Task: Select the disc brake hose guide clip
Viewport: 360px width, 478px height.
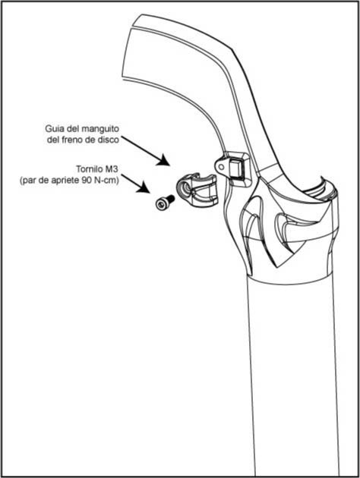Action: coord(197,190)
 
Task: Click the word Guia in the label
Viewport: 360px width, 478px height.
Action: coord(52,129)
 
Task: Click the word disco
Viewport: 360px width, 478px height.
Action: coord(109,140)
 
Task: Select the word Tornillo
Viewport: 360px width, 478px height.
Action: coord(88,168)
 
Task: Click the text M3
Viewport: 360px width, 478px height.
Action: coord(111,168)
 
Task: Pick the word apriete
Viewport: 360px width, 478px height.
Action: coord(65,181)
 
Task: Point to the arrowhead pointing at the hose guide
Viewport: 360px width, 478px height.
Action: coord(163,160)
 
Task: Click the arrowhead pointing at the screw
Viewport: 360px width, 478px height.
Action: coord(143,187)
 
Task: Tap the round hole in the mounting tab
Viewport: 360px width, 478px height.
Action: coord(221,166)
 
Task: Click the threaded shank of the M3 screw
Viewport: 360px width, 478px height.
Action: coord(170,199)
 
